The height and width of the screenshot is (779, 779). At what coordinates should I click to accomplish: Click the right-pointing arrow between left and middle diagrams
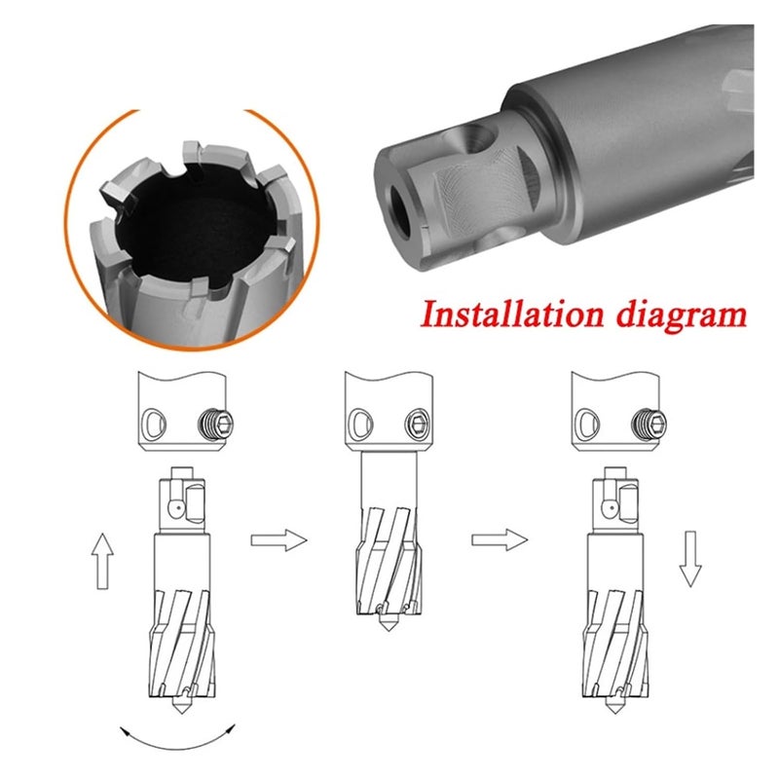click(278, 539)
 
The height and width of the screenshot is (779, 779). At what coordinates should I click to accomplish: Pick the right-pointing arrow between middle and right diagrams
click(500, 539)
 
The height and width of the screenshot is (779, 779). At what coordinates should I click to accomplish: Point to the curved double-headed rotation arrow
click(178, 741)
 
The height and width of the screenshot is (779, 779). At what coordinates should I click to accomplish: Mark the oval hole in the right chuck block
click(586, 425)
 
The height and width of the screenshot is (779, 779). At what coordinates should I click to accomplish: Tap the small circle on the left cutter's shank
click(176, 506)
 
